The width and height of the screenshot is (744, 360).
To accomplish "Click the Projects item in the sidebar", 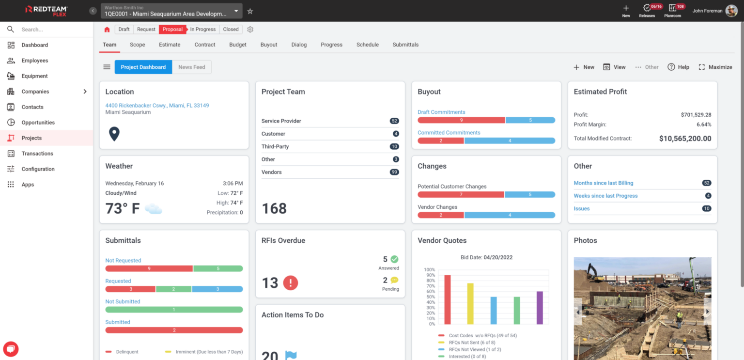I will [x=31, y=138].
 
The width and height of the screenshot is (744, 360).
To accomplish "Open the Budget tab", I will [x=238, y=45].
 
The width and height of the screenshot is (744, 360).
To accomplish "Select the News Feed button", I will [x=192, y=67].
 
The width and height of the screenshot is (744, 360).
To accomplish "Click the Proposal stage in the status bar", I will [x=172, y=30].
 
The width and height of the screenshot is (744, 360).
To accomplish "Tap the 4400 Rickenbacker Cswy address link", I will [x=157, y=105].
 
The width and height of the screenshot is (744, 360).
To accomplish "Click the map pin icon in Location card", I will [x=114, y=134].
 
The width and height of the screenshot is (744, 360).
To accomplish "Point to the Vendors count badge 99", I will [x=394, y=172].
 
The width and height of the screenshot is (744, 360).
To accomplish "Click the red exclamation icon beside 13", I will [x=290, y=282].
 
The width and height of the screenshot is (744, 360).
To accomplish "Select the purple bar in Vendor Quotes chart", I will [x=540, y=308].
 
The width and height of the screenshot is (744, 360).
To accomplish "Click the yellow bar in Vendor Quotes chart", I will [x=470, y=304].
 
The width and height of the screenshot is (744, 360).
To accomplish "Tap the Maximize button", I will [x=715, y=67].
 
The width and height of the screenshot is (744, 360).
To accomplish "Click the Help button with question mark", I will [x=678, y=67].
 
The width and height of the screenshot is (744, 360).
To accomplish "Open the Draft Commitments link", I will [x=441, y=112].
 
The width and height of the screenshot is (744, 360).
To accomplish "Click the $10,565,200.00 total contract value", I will [x=685, y=139].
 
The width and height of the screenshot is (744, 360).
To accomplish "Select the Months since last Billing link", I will [x=604, y=183].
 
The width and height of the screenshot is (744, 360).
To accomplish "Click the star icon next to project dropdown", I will [x=250, y=11].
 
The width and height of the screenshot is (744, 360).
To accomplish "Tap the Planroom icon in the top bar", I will [x=672, y=9].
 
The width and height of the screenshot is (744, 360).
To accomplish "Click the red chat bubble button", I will [x=11, y=349].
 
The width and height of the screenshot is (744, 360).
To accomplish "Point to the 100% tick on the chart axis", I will [x=430, y=270].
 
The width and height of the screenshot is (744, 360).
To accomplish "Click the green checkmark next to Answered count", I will [x=394, y=259].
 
